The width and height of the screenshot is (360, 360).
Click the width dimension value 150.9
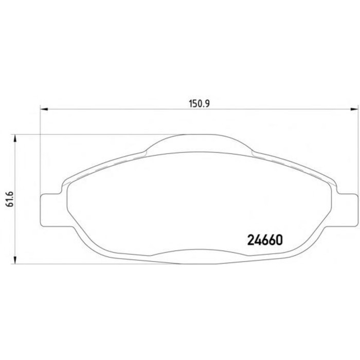(x=198, y=102)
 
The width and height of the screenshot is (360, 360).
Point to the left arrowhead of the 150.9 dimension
(x=44, y=109)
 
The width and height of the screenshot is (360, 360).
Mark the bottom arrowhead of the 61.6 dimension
(x=15, y=261)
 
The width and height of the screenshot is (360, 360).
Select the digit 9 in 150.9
(x=208, y=102)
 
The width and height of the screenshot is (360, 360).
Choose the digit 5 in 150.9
(x=193, y=102)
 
